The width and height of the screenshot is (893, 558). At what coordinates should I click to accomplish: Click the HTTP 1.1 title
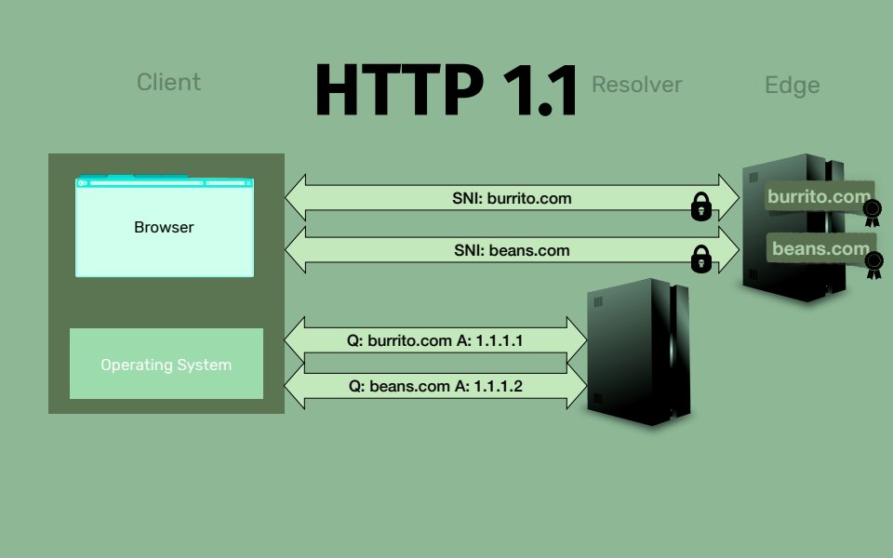(446, 89)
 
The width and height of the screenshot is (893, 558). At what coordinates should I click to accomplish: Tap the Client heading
(168, 82)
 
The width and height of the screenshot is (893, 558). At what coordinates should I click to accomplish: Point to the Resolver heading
(637, 85)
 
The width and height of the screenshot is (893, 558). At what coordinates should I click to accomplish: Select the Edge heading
(792, 86)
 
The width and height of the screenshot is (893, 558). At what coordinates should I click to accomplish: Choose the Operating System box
(166, 365)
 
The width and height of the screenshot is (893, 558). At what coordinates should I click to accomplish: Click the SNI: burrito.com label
(513, 198)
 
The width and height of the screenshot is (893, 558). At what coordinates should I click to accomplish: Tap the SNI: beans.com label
(512, 250)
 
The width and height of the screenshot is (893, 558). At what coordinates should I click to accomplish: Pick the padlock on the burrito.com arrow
(701, 206)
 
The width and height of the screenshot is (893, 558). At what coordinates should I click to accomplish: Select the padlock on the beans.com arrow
(701, 259)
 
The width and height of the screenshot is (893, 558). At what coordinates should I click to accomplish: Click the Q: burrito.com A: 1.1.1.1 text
(435, 341)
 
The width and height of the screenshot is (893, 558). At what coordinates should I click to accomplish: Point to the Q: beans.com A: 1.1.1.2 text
(435, 384)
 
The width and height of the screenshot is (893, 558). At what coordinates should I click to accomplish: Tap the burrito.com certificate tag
(819, 197)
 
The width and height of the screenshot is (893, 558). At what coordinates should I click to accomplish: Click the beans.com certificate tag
(819, 248)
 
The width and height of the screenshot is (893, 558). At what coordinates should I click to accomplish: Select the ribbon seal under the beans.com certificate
(873, 267)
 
